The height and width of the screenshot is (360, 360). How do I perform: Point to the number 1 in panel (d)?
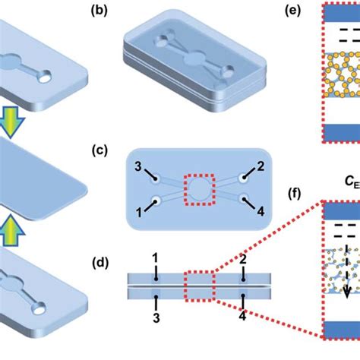point(155,261)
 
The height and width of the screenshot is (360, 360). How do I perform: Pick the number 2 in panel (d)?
point(243,261)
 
